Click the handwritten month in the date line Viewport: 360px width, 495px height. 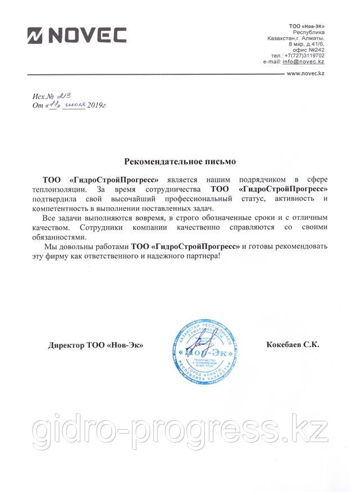pos(74,106)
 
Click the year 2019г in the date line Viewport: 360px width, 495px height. pos(97,106)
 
